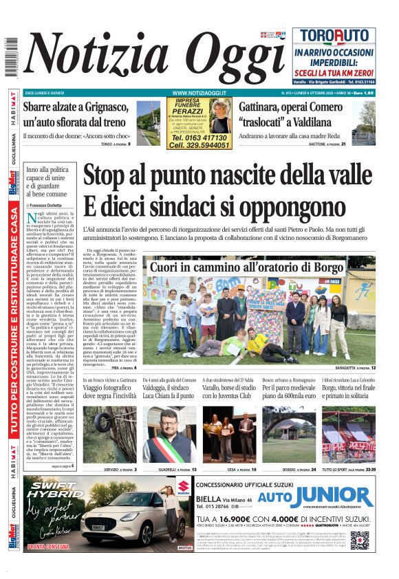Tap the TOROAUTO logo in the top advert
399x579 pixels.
[x=334, y=37]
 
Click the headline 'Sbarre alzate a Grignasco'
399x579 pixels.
[x=76, y=114]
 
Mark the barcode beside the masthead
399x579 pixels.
[x=11, y=58]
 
